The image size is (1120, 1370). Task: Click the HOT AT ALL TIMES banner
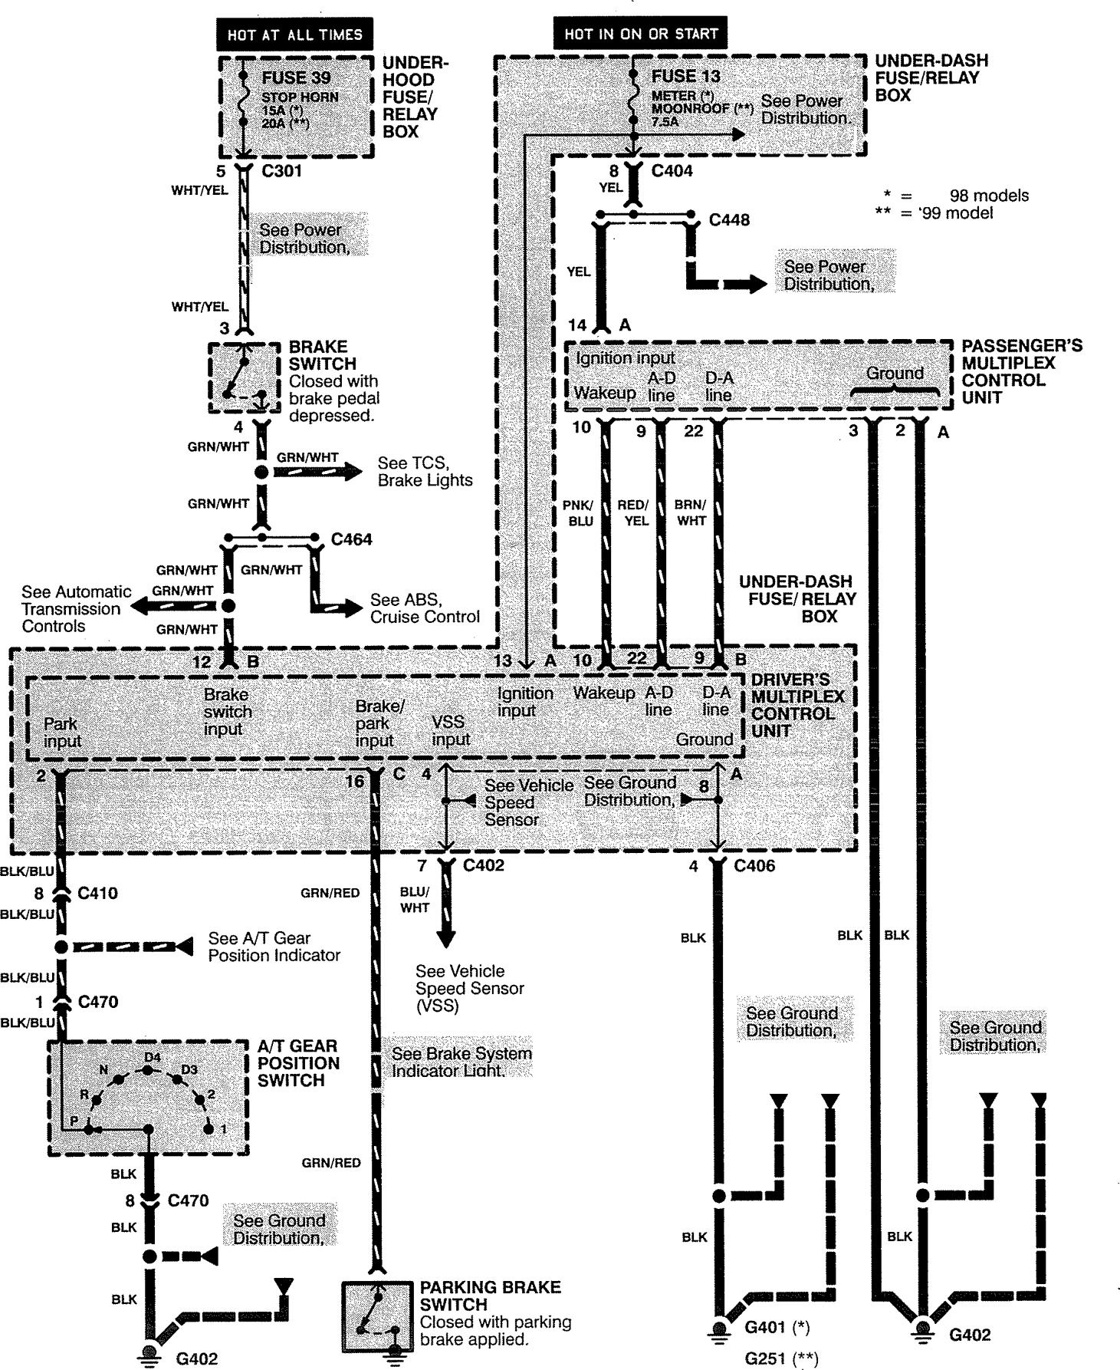pyautogui.click(x=294, y=35)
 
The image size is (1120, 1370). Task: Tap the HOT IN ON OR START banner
pyautogui.click(x=640, y=34)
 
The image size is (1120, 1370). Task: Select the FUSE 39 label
pyautogui.click(x=295, y=78)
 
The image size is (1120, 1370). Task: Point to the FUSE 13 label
pyautogui.click(x=686, y=77)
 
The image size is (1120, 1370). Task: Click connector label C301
pyautogui.click(x=281, y=171)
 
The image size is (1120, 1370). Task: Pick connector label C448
pyautogui.click(x=729, y=220)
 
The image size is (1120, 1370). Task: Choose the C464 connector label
pyautogui.click(x=352, y=539)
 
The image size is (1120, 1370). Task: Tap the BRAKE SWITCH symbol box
pyautogui.click(x=245, y=378)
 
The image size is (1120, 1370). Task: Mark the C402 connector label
pyautogui.click(x=484, y=866)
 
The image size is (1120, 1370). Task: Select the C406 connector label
pyautogui.click(x=754, y=866)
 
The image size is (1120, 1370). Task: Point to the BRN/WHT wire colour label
pyautogui.click(x=690, y=512)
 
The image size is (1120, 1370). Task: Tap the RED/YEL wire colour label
pyautogui.click(x=633, y=512)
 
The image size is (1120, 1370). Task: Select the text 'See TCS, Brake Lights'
pyautogui.click(x=425, y=472)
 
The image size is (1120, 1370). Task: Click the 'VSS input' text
pyautogui.click(x=450, y=730)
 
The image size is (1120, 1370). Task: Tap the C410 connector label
pyautogui.click(x=97, y=894)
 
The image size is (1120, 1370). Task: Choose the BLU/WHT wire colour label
pyautogui.click(x=415, y=900)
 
